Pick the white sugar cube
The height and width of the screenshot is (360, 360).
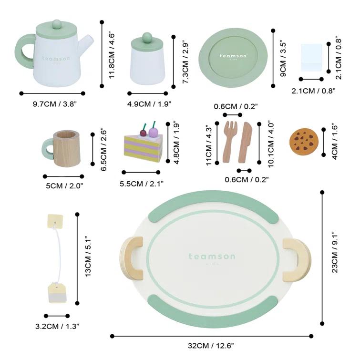pos(312,58)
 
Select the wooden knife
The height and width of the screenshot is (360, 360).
pos(246,142)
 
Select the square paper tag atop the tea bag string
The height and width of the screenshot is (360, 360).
pos(55,220)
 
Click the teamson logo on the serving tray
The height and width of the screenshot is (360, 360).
pos(212,257)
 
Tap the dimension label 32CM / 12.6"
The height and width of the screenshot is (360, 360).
pos(211,345)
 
